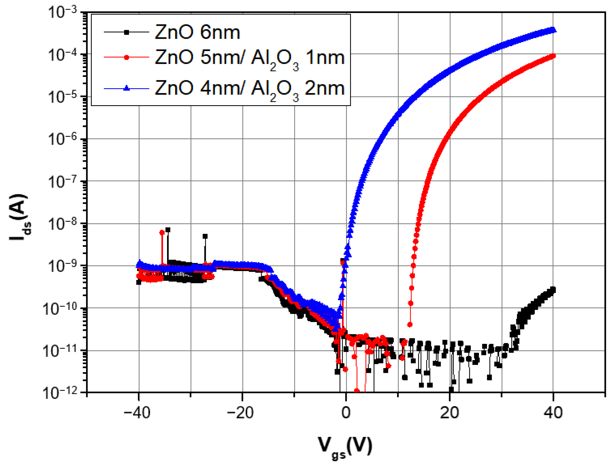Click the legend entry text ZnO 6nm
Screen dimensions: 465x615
tap(197, 32)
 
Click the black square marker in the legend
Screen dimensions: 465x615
tap(126, 32)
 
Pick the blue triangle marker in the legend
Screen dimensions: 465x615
tap(126, 88)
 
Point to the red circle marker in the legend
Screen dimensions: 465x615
tap(126, 57)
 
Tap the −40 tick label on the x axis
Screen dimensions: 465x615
tap(137, 413)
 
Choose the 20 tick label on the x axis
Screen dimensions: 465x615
tap(449, 413)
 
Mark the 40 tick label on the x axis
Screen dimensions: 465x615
tap(553, 413)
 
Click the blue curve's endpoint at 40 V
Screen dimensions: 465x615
tap(553, 30)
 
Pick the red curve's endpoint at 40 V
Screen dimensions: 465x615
tap(553, 56)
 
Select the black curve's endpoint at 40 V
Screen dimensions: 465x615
tap(553, 289)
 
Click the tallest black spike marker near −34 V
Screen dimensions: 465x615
tap(168, 230)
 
